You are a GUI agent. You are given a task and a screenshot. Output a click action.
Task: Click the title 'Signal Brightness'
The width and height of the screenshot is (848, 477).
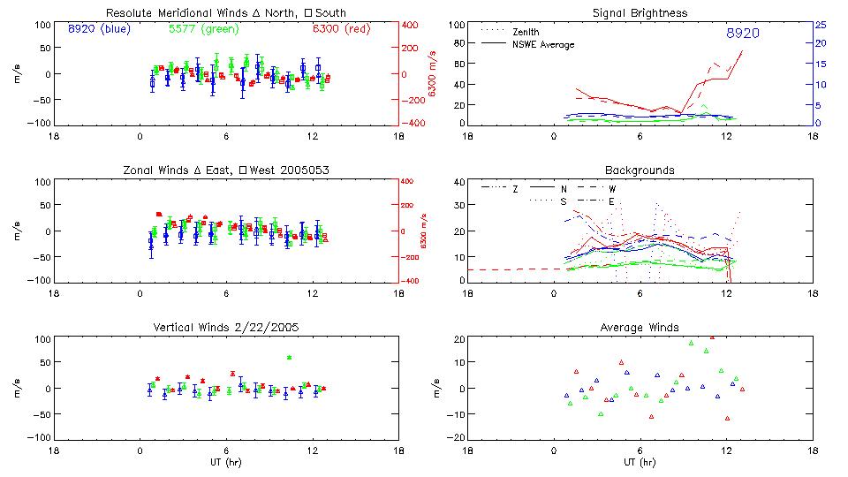(640, 13)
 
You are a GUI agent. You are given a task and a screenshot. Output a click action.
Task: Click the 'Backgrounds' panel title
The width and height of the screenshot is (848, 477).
(640, 170)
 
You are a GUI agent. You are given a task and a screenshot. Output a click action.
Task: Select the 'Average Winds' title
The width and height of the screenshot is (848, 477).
(640, 327)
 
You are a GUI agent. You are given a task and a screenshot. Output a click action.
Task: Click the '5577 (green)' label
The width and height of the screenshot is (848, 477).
(201, 29)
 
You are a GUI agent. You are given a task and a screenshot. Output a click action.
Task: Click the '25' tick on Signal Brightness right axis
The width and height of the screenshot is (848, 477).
(820, 25)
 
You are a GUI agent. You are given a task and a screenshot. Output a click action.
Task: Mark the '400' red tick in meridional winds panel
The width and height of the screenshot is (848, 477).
(410, 25)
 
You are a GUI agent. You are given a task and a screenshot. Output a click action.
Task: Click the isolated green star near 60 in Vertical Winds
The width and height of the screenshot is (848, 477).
(289, 357)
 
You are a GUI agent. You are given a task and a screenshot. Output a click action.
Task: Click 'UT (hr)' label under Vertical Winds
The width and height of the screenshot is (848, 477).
(227, 462)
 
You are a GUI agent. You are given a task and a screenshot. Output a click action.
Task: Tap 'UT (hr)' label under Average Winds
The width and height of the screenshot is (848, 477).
(640, 462)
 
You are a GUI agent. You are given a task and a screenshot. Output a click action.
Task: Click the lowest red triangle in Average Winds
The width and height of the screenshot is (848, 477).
(727, 419)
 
